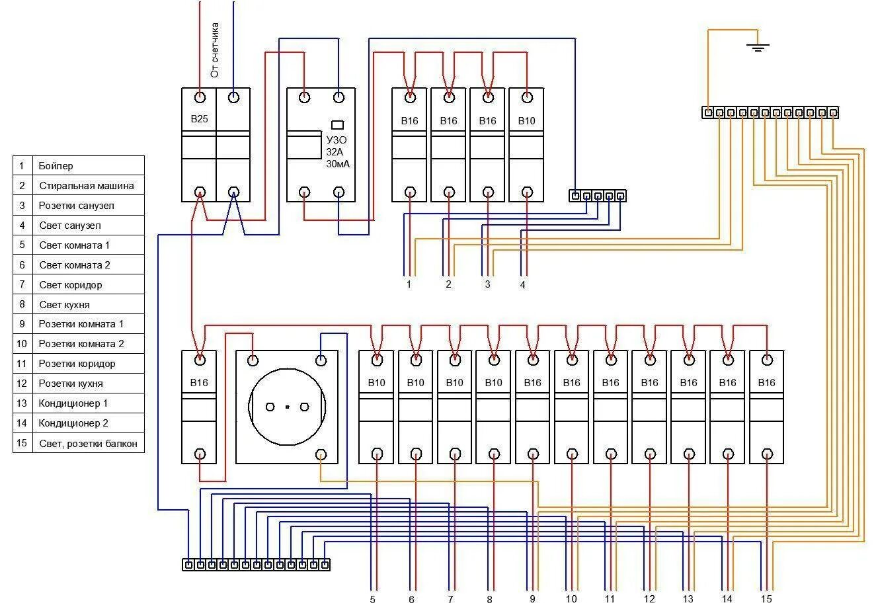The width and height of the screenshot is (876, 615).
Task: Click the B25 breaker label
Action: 199,120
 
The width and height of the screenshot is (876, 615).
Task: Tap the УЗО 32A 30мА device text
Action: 337,152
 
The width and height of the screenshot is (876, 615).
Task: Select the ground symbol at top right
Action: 758,47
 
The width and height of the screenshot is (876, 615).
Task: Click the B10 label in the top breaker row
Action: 526,121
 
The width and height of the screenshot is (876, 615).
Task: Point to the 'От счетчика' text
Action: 215,50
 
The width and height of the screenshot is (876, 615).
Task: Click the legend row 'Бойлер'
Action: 56,166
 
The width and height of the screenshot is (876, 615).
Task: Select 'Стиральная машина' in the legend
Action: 86,186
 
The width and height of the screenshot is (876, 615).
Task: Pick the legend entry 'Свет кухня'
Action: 64,305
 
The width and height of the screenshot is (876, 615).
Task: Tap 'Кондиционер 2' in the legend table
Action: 73,423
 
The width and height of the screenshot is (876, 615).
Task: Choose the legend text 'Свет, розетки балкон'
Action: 88,444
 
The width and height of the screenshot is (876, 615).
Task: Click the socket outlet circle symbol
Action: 287,407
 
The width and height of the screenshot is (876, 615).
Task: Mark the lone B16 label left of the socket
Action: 199,383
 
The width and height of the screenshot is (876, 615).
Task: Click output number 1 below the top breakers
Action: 409,284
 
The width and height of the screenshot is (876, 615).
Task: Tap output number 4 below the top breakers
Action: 523,284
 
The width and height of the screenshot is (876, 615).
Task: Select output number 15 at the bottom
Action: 766,599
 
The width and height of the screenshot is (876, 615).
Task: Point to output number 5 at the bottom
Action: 373,600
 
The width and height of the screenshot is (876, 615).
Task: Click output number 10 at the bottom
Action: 571,599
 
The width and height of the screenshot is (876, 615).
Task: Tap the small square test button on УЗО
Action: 337,124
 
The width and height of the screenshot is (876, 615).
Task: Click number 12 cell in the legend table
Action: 22,384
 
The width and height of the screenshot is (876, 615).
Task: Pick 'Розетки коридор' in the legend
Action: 77,364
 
